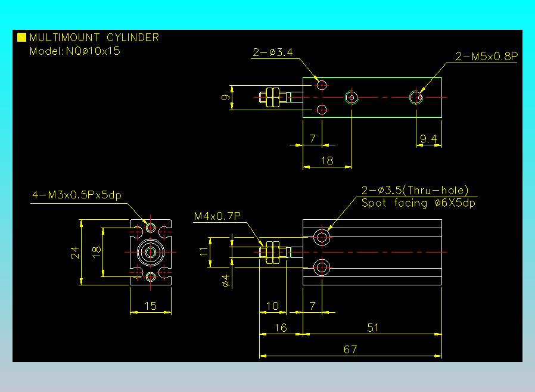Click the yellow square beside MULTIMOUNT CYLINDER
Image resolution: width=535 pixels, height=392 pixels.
coord(22,38)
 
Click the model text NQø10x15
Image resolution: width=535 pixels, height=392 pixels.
coord(75,51)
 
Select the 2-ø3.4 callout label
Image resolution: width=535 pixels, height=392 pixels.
coord(272,53)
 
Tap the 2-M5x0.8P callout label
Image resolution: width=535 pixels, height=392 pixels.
coord(486,57)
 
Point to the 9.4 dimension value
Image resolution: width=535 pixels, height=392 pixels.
coord(428,139)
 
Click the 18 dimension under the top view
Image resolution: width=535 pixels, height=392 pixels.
coord(327,160)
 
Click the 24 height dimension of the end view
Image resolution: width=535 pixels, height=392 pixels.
coord(75,253)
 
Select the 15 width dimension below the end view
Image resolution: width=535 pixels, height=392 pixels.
coord(151,306)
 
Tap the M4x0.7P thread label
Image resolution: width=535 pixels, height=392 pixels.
coord(217,216)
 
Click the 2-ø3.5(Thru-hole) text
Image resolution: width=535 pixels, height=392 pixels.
coord(415,191)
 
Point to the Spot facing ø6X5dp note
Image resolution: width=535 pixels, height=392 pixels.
coord(418,203)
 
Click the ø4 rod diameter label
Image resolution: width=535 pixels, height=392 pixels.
coord(226,280)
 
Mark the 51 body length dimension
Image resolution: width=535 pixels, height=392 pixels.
coord(373,327)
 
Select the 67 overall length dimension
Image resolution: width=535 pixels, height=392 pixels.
coord(350,350)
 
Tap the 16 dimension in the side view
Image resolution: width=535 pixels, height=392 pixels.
coord(281,327)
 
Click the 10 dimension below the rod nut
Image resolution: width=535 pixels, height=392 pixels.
coord(272,306)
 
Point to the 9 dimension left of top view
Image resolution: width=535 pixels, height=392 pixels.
coord(226,98)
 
